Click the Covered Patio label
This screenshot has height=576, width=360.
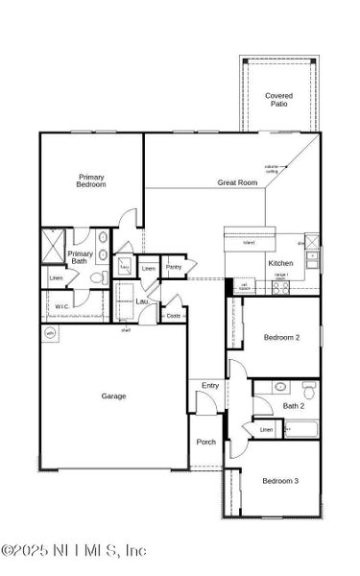click(278, 99)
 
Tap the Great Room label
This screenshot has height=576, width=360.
click(237, 181)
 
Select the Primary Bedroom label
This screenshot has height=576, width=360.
click(91, 180)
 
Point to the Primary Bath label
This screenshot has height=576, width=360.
click(81, 257)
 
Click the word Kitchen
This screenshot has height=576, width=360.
click(253, 262)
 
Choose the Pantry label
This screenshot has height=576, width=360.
click(173, 267)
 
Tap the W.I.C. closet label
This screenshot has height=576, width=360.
click(60, 307)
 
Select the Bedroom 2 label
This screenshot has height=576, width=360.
click(281, 338)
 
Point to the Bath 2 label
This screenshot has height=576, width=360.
click(293, 406)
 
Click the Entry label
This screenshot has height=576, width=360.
click(210, 386)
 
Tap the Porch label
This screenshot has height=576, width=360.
click(205, 442)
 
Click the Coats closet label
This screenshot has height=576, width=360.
click(173, 315)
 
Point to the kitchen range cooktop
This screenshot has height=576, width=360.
click(280, 285)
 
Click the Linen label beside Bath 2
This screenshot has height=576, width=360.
click(266, 430)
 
